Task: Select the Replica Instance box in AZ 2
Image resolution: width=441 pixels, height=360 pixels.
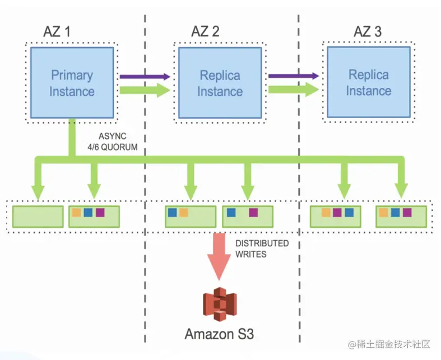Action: pos(220,83)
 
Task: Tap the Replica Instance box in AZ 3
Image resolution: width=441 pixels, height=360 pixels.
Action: pos(368,82)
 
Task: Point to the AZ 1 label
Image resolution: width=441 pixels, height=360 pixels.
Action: pos(57,32)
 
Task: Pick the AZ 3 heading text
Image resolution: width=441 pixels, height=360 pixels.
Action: pos(367,31)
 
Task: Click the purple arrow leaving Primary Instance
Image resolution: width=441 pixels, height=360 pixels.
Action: pos(145,76)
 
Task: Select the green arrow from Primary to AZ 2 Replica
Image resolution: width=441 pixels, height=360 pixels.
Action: pos(145,90)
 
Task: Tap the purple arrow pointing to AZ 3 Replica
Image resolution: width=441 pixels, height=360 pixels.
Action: pos(293,76)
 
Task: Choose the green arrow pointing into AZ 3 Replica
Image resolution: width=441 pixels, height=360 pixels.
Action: pos(293,89)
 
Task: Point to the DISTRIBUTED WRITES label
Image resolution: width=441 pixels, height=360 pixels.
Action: pos(262,249)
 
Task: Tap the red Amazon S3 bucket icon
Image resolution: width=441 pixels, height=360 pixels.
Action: pos(220,305)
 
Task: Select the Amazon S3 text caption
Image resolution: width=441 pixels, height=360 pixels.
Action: pos(220,334)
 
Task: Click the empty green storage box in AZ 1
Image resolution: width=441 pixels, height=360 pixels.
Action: pos(38,216)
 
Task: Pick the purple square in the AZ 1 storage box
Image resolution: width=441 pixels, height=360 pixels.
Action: pos(100,213)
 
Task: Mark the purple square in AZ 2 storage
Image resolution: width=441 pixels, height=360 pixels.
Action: pos(253,213)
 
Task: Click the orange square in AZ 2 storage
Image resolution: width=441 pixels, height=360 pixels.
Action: pos(184,213)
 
